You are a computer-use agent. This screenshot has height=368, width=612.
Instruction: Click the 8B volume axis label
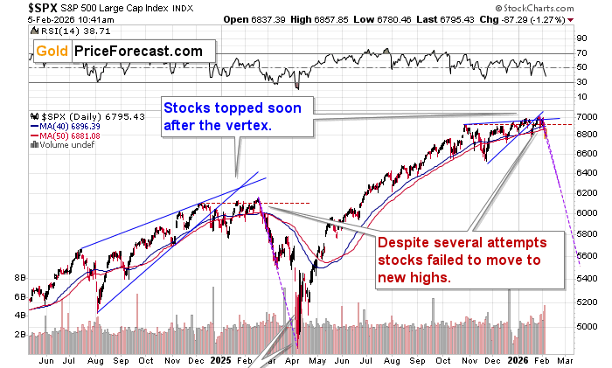(x=17, y=278)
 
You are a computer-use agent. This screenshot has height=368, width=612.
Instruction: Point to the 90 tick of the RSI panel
(x=581, y=38)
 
